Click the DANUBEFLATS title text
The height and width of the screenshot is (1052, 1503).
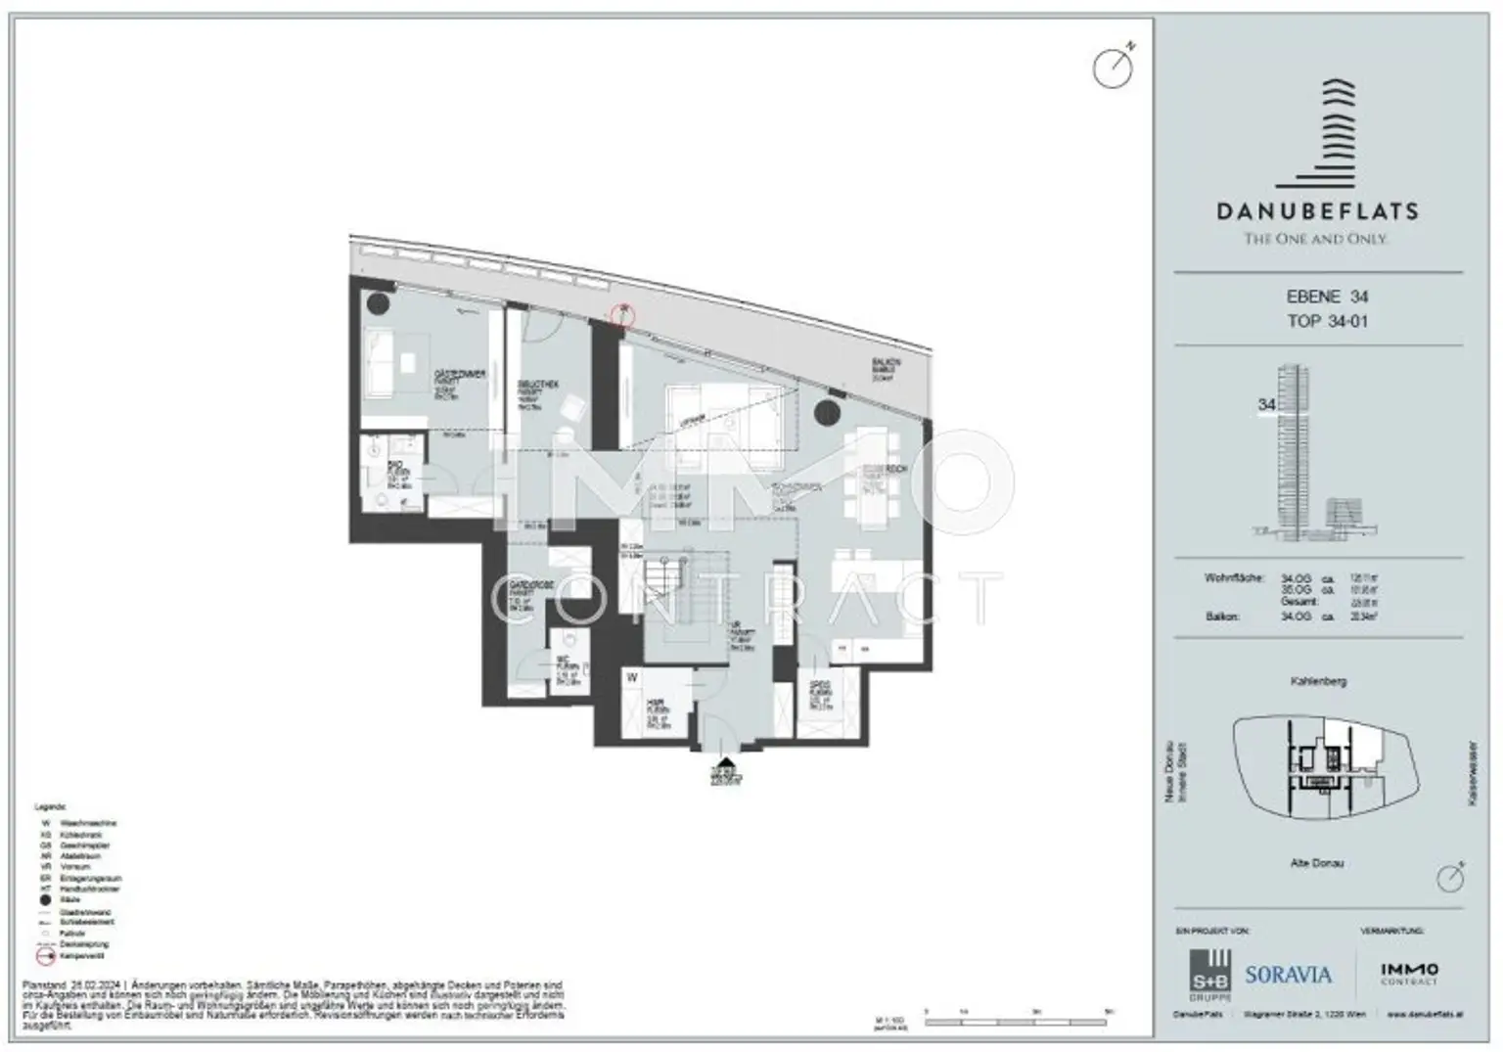coord(1316,210)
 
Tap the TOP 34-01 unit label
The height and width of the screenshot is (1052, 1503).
coord(1327,321)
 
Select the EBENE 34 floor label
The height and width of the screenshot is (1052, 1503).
coord(1327,297)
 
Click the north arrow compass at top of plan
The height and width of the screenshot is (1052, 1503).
coord(1113,69)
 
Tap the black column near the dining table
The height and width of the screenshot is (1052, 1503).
coord(827,413)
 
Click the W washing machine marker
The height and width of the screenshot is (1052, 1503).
coord(633,677)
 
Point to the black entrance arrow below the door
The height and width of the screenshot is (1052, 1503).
coord(725,765)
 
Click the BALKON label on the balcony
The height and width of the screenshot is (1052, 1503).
coord(886,363)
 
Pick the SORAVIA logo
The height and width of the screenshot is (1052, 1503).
coord(1288,975)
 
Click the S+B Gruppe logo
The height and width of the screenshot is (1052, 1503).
coord(1208,974)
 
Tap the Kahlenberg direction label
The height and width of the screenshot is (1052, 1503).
coord(1317,681)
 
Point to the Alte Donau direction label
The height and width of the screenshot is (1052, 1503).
coord(1316,863)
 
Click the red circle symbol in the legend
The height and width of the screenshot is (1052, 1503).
coord(45,954)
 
